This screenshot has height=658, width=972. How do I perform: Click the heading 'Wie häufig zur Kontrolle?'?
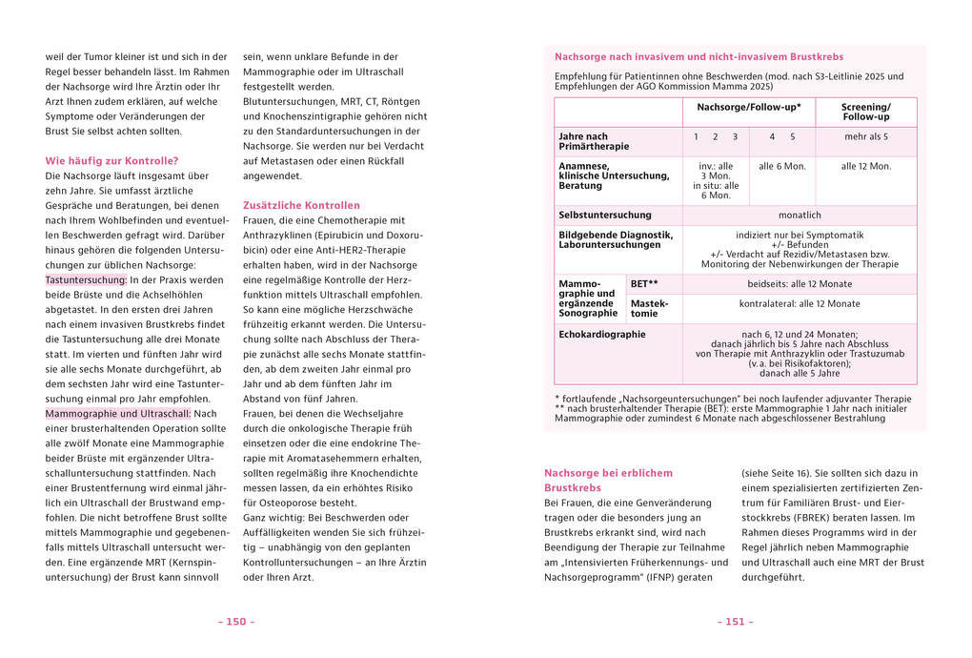click(x=111, y=160)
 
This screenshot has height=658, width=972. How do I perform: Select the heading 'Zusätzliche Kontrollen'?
click(x=301, y=205)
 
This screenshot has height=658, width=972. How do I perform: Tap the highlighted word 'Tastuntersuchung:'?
click(x=86, y=279)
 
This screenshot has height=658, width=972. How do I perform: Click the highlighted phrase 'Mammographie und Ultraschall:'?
click(x=118, y=413)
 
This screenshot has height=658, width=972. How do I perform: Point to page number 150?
click(x=236, y=622)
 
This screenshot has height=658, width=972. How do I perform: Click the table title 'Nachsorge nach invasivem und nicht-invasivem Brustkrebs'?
click(x=699, y=57)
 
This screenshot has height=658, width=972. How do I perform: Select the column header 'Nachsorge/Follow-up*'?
click(x=749, y=108)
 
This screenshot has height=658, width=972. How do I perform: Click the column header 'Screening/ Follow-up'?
click(x=865, y=112)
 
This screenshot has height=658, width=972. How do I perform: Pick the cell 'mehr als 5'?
click(x=865, y=136)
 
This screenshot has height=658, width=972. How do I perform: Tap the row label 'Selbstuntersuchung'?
click(x=605, y=216)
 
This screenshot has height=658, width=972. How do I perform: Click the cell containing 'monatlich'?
click(x=799, y=216)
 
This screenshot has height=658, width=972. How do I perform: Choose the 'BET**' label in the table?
click(x=644, y=284)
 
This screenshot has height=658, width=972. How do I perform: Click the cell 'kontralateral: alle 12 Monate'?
click(x=799, y=304)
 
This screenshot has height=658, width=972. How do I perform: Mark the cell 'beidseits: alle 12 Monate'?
click(x=799, y=284)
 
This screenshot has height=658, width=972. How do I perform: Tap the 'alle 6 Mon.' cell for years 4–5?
click(x=781, y=166)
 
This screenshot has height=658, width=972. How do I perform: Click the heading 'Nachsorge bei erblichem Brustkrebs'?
click(x=608, y=480)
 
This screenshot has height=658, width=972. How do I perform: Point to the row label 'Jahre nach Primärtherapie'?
click(x=594, y=141)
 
